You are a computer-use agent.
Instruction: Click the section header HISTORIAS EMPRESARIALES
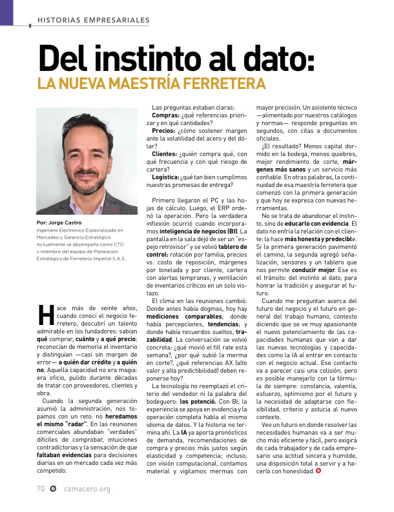[x=94, y=20]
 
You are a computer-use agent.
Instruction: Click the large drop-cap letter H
[x=45, y=315]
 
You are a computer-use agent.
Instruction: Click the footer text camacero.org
[x=87, y=488]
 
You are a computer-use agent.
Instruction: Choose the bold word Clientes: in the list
[x=165, y=154]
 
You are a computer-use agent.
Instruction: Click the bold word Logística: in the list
[x=167, y=177]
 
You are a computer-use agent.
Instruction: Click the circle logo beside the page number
[x=53, y=488]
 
